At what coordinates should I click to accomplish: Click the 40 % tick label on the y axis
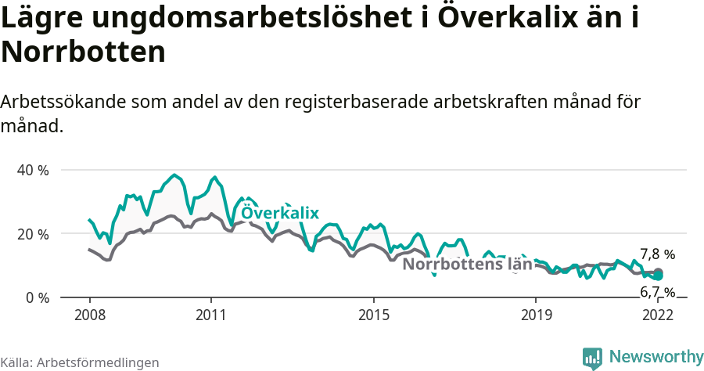(x=32, y=170)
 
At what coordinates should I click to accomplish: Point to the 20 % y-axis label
(x=32, y=234)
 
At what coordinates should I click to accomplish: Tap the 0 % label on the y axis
(x=37, y=298)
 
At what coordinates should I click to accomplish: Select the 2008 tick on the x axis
(x=89, y=315)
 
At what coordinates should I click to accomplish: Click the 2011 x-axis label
(x=210, y=315)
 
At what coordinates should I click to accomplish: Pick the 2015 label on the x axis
(x=373, y=315)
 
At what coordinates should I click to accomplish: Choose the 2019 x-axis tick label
(x=535, y=315)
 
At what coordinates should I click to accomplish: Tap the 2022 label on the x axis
(x=657, y=315)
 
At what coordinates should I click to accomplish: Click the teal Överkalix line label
(x=280, y=213)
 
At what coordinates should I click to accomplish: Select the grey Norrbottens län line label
(x=467, y=265)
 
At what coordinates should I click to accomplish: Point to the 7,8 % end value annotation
(x=657, y=254)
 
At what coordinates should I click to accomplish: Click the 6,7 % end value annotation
(x=657, y=292)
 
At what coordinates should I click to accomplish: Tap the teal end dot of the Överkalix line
(x=659, y=276)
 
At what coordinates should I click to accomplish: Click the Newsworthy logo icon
(x=592, y=358)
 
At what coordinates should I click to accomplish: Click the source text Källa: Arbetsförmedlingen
(x=80, y=362)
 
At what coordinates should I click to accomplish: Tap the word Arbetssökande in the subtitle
(x=64, y=103)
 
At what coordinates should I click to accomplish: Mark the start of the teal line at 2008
(x=89, y=220)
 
